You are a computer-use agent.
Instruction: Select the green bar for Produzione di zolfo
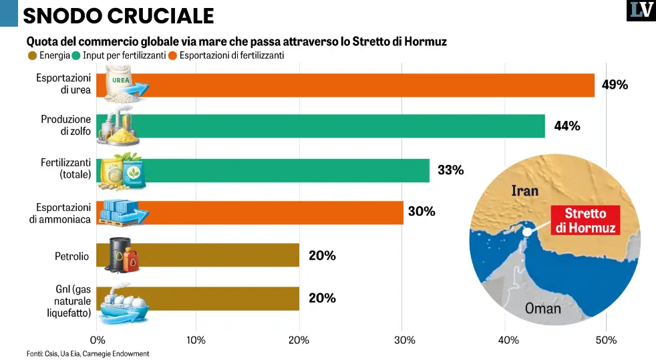pyautogui.click(x=347, y=126)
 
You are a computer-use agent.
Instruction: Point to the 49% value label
pyautogui.click(x=615, y=85)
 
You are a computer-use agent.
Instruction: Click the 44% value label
pyautogui.click(x=566, y=126)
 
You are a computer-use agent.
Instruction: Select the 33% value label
pyautogui.click(x=450, y=170)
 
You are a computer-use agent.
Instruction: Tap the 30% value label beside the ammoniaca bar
pyautogui.click(x=422, y=212)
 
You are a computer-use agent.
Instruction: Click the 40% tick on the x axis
pyautogui.click(x=508, y=341)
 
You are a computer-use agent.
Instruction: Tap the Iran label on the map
pyautogui.click(x=524, y=191)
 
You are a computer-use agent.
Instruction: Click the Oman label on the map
pyautogui.click(x=542, y=309)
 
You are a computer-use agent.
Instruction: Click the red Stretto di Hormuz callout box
pyautogui.click(x=585, y=220)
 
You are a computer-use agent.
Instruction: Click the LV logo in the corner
pyautogui.click(x=641, y=11)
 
